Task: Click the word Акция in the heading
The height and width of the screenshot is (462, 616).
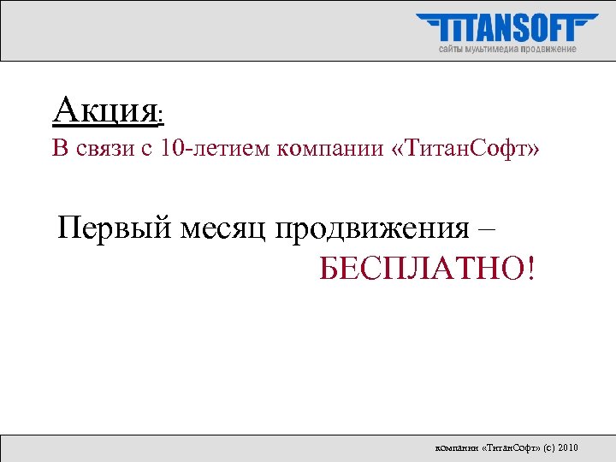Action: click(x=104, y=110)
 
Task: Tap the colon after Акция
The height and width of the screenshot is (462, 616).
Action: click(x=162, y=114)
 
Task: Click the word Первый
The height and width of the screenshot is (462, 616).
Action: click(x=115, y=229)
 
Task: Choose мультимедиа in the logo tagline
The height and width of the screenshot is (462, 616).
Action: click(x=494, y=49)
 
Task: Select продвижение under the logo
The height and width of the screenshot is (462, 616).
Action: click(x=549, y=49)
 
